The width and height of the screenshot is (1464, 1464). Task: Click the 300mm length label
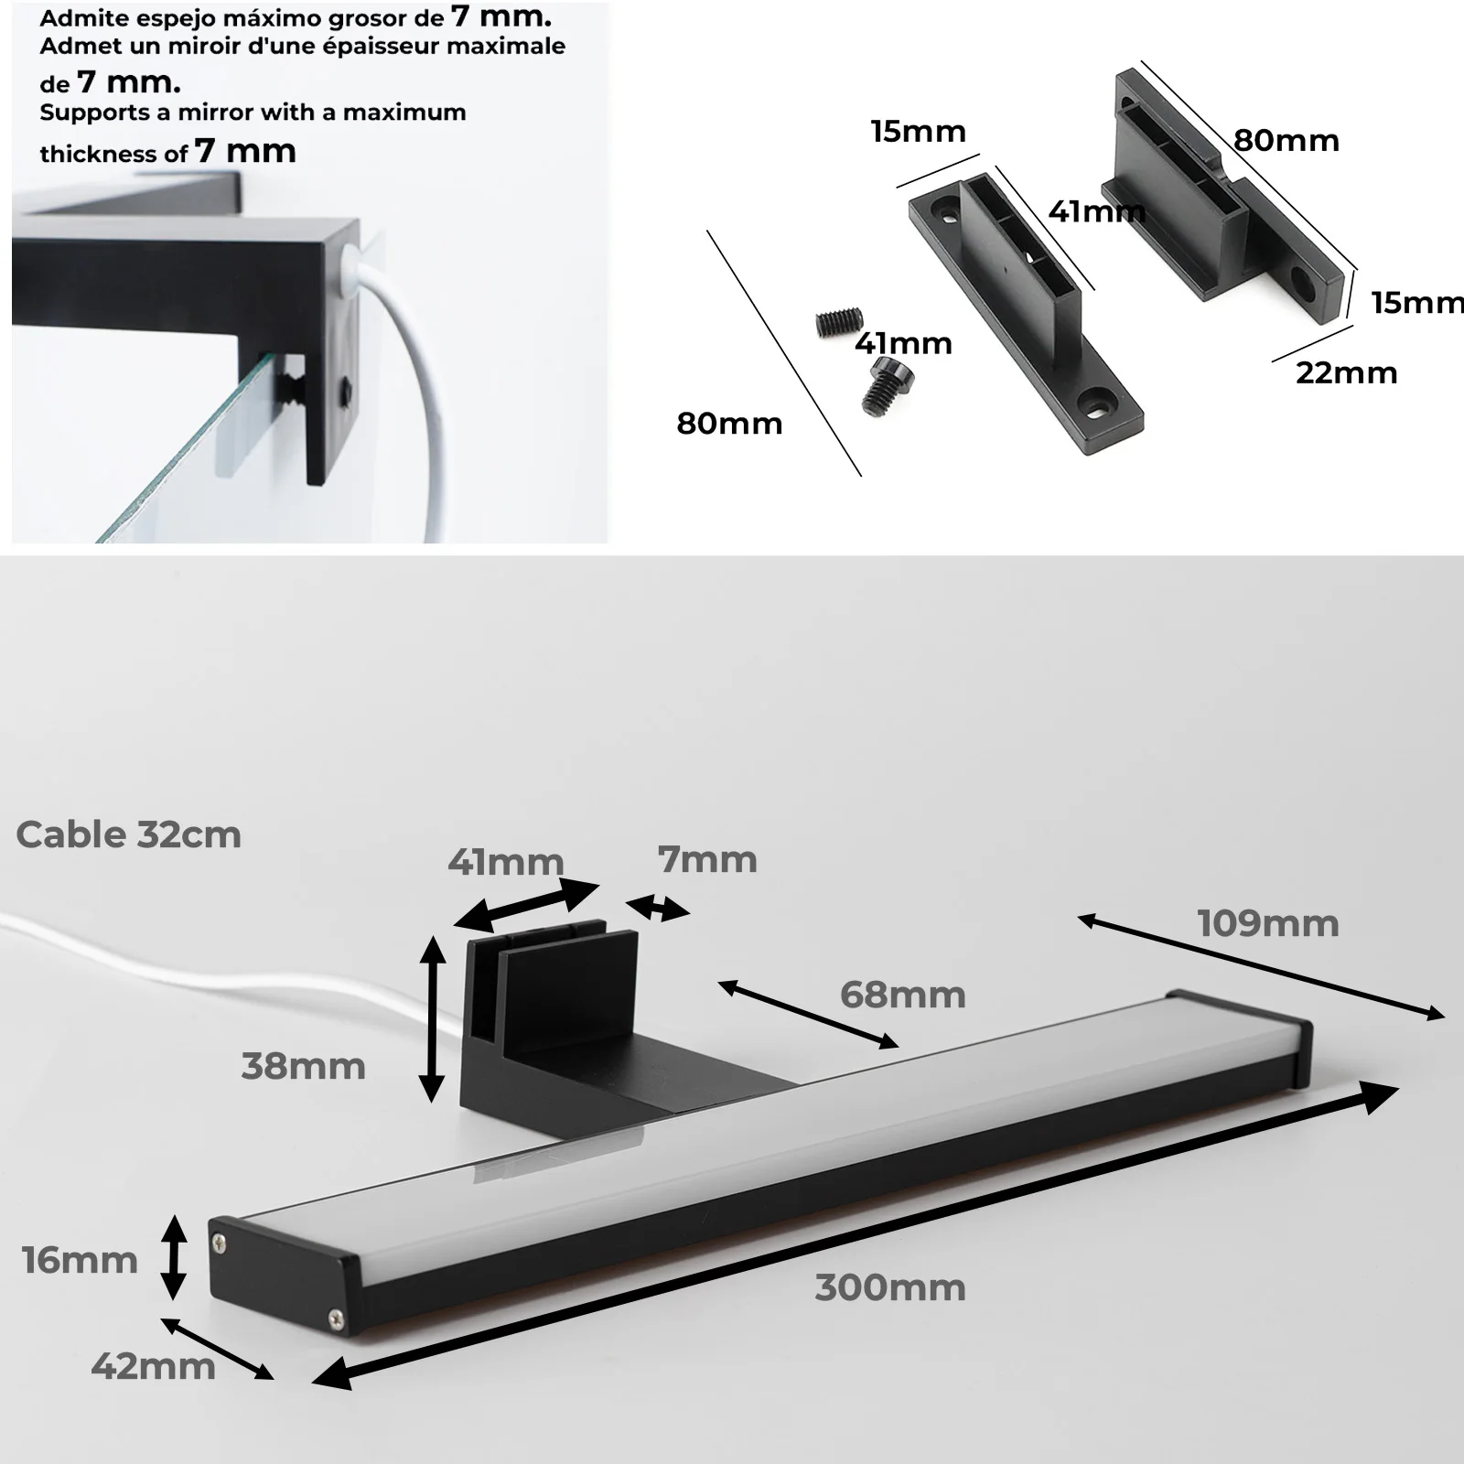889,1288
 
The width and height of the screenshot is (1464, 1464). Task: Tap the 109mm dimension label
1267,924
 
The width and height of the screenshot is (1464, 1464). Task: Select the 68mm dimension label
902,995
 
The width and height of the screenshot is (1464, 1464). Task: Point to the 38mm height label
303,1067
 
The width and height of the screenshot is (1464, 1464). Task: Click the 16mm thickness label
80,1261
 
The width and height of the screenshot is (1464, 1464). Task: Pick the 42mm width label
153,1367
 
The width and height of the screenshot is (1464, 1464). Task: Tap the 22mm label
1346,373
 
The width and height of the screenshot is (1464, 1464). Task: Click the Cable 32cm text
128,834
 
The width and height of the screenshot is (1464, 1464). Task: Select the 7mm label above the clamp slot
707,860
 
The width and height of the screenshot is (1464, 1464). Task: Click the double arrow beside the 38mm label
432,1019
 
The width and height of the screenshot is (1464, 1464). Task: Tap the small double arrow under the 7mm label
657,908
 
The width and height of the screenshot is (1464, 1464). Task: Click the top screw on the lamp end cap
220,1241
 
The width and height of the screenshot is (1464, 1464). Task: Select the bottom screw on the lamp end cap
335,1319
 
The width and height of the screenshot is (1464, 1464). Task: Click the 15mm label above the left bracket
918,133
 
